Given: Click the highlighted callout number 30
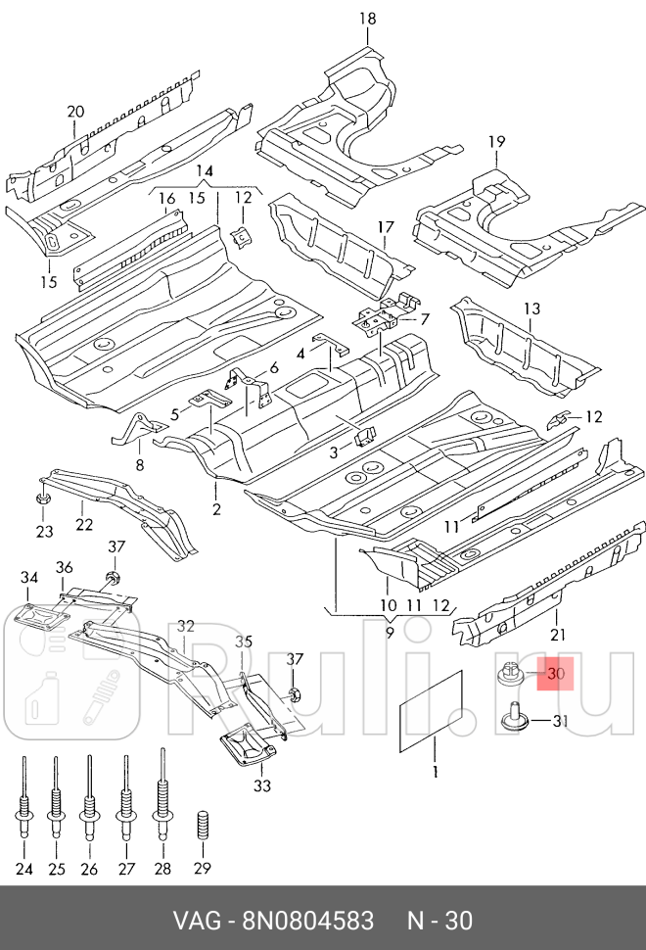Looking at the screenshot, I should click(557, 674).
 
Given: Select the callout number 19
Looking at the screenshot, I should click(497, 142).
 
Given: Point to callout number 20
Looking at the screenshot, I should click(76, 112).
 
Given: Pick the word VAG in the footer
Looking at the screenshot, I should click(196, 921).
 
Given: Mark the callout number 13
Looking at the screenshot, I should click(531, 309).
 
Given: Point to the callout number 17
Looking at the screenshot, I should click(384, 228).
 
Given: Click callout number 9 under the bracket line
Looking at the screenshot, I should click(389, 633).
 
